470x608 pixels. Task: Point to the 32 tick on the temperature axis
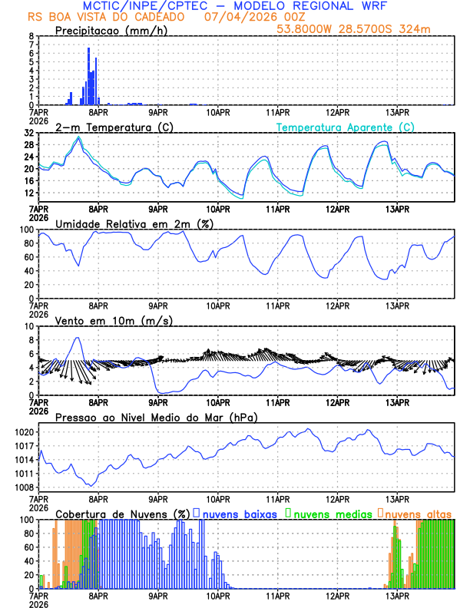point(28,133)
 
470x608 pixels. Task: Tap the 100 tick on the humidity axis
point(25,230)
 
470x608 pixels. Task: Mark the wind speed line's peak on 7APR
point(77,338)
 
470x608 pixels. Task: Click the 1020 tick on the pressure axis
point(22,431)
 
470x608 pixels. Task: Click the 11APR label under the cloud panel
point(278,596)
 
